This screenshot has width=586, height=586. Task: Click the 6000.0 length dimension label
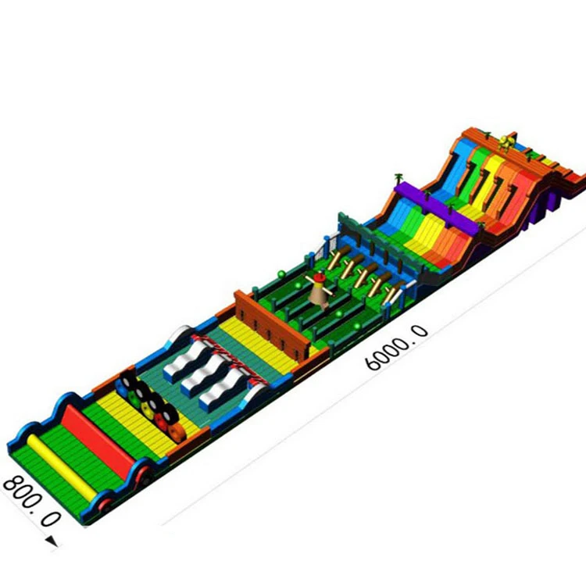coord(396,348)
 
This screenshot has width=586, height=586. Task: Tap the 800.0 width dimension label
coord(31,501)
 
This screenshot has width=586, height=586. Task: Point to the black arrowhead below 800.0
coord(52,541)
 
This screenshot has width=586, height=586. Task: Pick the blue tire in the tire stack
coord(122,388)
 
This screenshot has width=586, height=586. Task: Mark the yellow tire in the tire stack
coord(147,410)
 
